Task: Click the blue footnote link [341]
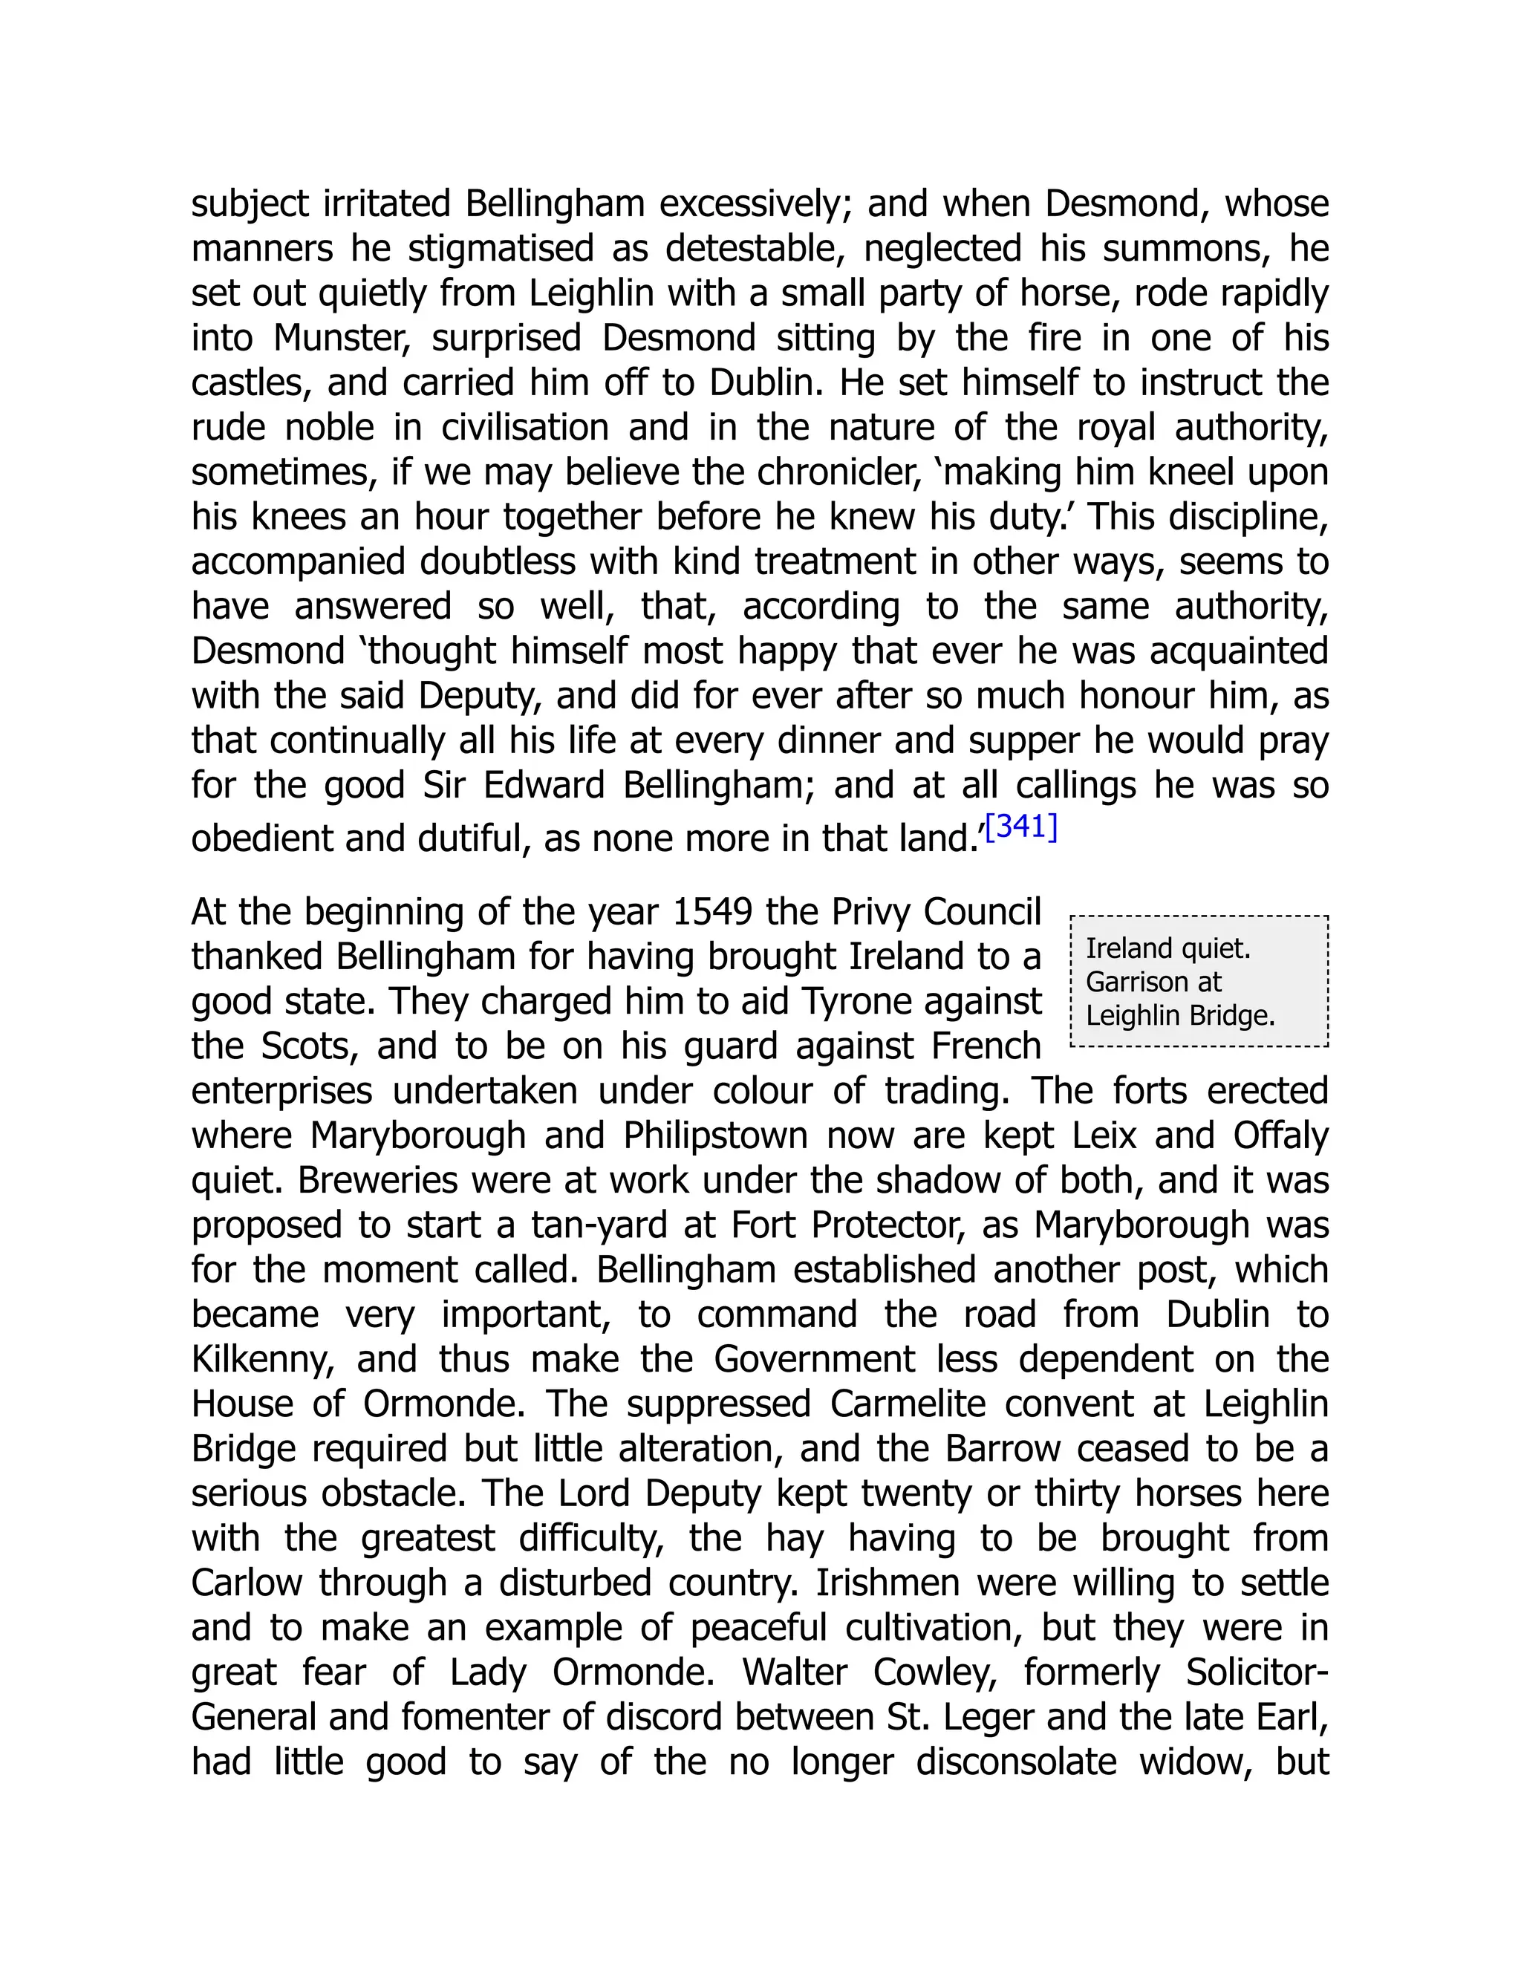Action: click(1021, 827)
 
